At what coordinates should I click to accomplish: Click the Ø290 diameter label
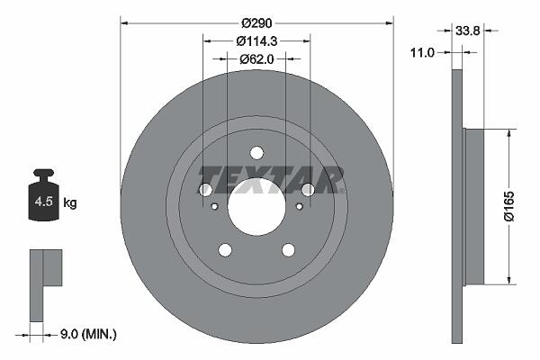click(256, 23)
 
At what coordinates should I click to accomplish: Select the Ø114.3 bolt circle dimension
click(256, 41)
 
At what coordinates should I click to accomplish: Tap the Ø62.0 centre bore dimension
click(256, 59)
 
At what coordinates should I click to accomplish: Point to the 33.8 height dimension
click(468, 31)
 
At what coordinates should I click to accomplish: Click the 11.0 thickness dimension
click(423, 53)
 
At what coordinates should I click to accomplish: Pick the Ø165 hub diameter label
click(508, 206)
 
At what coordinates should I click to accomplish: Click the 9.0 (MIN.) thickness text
click(88, 334)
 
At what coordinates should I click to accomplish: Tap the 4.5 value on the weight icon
click(44, 202)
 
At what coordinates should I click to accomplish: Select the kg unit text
click(70, 202)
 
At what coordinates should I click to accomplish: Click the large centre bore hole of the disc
click(256, 207)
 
